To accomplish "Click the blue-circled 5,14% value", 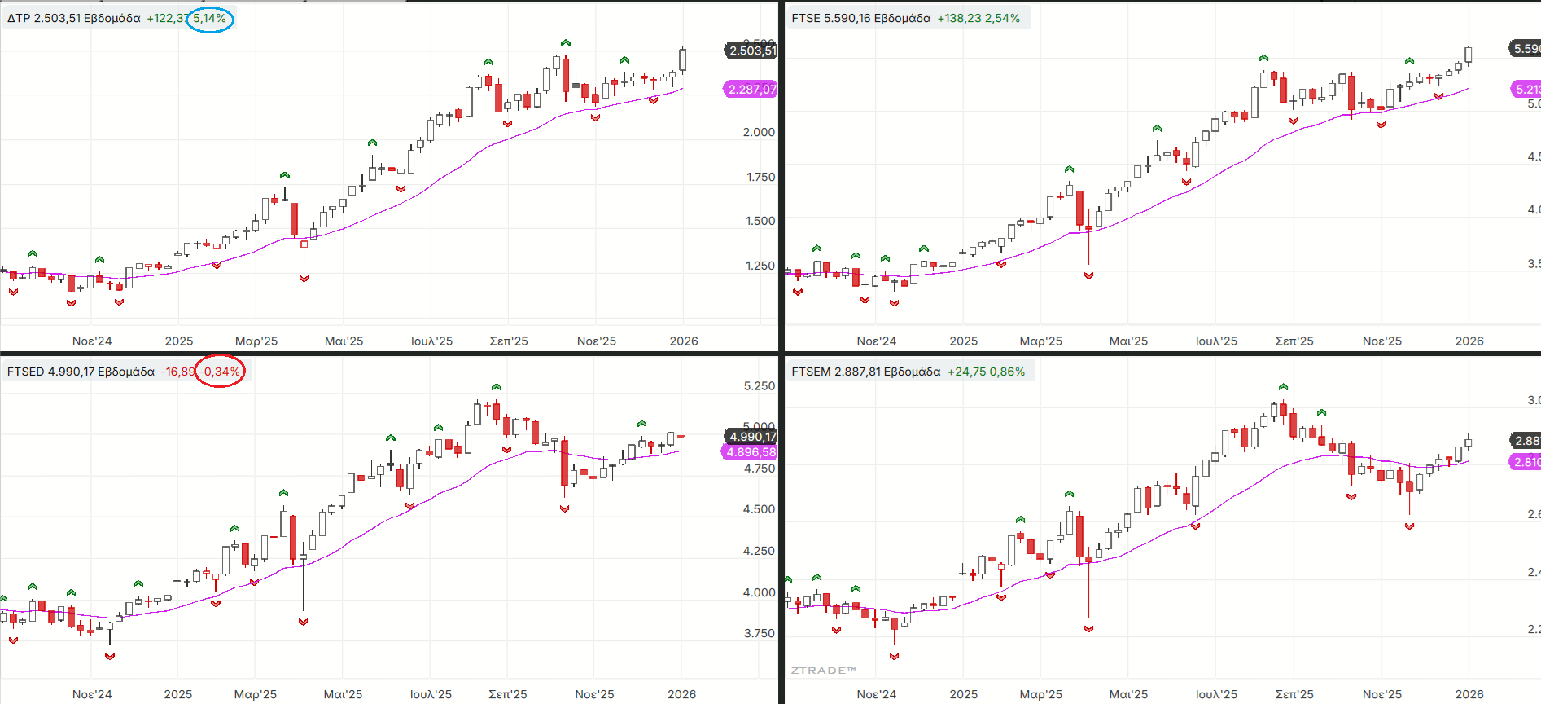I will [x=209, y=18].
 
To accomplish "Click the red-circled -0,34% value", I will [x=220, y=372].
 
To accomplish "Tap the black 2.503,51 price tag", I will [x=751, y=51].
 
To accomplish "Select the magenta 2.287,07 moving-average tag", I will [x=751, y=90].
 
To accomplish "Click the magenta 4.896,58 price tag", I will [x=751, y=452].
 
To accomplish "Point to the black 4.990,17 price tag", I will [x=751, y=437].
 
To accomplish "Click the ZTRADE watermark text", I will [x=823, y=671].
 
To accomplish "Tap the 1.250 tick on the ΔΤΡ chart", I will [x=760, y=266].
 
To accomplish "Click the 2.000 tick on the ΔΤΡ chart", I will [x=759, y=132].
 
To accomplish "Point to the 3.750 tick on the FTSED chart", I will [x=759, y=633].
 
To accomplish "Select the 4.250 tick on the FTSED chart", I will [x=759, y=551].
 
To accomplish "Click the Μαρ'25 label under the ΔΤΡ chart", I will [x=256, y=341].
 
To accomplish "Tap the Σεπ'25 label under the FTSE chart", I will [x=1294, y=341].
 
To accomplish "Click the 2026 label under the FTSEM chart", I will [x=1469, y=694].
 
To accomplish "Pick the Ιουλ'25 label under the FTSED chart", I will [x=431, y=694].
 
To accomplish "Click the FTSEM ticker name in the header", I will [x=811, y=372].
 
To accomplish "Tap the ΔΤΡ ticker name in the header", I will [x=19, y=18].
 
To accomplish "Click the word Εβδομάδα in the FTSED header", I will [x=126, y=372].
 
